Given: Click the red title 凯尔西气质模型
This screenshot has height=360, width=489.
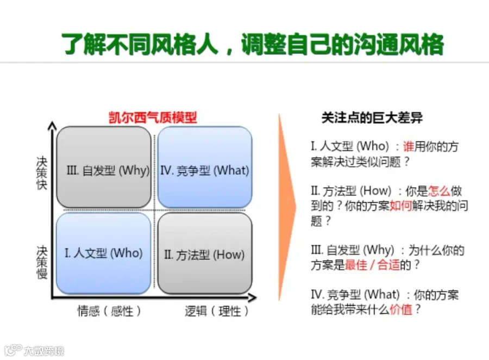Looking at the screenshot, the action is (x=153, y=117).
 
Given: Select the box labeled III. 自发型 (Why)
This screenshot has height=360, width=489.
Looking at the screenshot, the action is (x=104, y=167).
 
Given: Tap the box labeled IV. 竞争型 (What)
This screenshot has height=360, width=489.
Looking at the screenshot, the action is (x=205, y=167).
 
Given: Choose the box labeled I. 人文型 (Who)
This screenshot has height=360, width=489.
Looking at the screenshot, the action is (x=104, y=253).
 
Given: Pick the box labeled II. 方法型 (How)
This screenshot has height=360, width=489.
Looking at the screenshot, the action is (x=205, y=253).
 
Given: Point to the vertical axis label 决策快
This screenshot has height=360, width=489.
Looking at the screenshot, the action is (x=41, y=173).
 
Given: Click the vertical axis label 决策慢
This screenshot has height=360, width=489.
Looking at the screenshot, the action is (x=41, y=262).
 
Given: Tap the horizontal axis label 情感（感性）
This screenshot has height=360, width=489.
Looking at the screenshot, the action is (x=109, y=311).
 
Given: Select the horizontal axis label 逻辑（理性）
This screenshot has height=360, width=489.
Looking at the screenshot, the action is (x=217, y=311).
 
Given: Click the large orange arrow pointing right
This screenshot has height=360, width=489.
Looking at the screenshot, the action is (x=286, y=207).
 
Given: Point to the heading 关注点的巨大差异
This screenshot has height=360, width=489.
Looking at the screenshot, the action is (x=372, y=117).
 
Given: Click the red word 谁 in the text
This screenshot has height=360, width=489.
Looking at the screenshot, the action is (x=409, y=146).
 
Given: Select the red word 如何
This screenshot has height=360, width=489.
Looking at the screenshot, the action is (x=401, y=206).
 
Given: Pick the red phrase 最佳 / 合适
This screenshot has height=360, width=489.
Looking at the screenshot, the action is (x=372, y=265).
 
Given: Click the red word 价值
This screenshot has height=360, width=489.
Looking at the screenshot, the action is (x=401, y=309).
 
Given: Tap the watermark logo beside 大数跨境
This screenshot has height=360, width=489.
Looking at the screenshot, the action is (x=14, y=350).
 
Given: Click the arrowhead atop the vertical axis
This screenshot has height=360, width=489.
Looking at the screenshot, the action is (x=52, y=126).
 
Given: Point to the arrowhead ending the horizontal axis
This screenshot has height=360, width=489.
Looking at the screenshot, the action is (x=252, y=297).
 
